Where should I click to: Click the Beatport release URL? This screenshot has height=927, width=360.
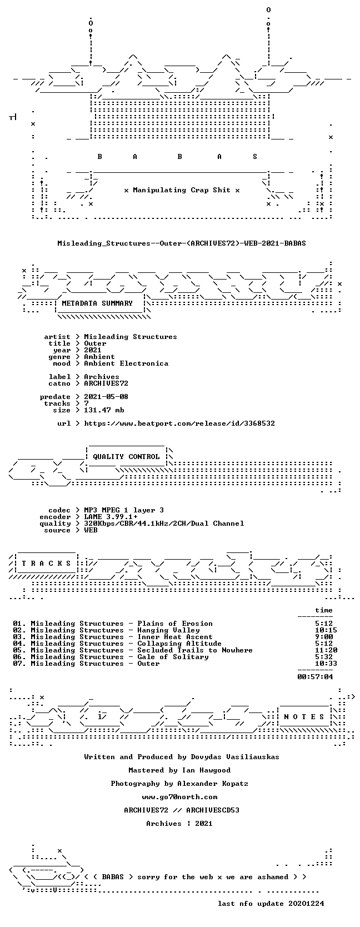(179, 423)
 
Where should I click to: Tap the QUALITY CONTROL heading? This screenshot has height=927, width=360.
(126, 457)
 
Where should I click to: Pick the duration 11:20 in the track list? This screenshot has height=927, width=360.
(326, 650)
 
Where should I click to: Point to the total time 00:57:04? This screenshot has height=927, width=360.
(315, 676)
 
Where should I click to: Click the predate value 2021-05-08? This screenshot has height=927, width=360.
(106, 396)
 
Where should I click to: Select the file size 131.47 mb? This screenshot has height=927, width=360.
(104, 410)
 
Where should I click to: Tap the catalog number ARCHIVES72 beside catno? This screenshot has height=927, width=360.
(106, 383)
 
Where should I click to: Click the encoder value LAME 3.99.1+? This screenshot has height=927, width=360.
(111, 517)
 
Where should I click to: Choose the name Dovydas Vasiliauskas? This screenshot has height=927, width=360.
(235, 757)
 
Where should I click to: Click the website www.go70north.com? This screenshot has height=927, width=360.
(179, 796)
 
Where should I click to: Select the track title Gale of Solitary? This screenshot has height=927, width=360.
(173, 657)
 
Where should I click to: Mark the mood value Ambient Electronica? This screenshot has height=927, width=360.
(126, 363)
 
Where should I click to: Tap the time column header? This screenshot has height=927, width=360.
(324, 610)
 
